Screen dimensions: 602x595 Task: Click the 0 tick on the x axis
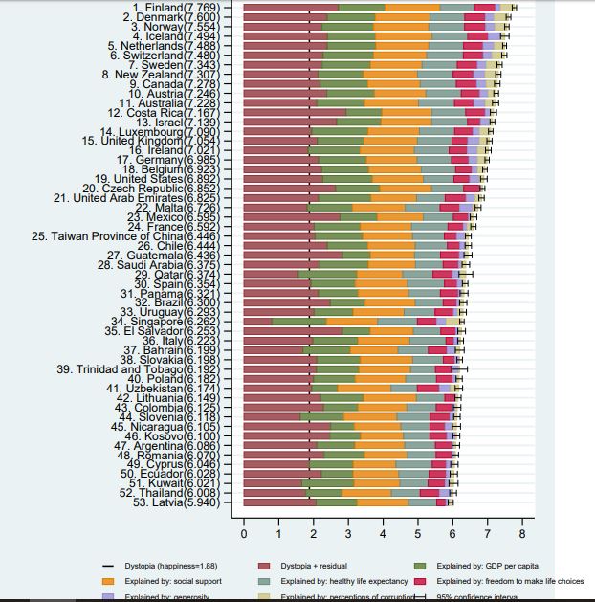click(x=244, y=534)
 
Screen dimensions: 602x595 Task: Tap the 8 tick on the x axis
click(x=521, y=534)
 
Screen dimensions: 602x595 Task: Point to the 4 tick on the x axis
click(x=383, y=534)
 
